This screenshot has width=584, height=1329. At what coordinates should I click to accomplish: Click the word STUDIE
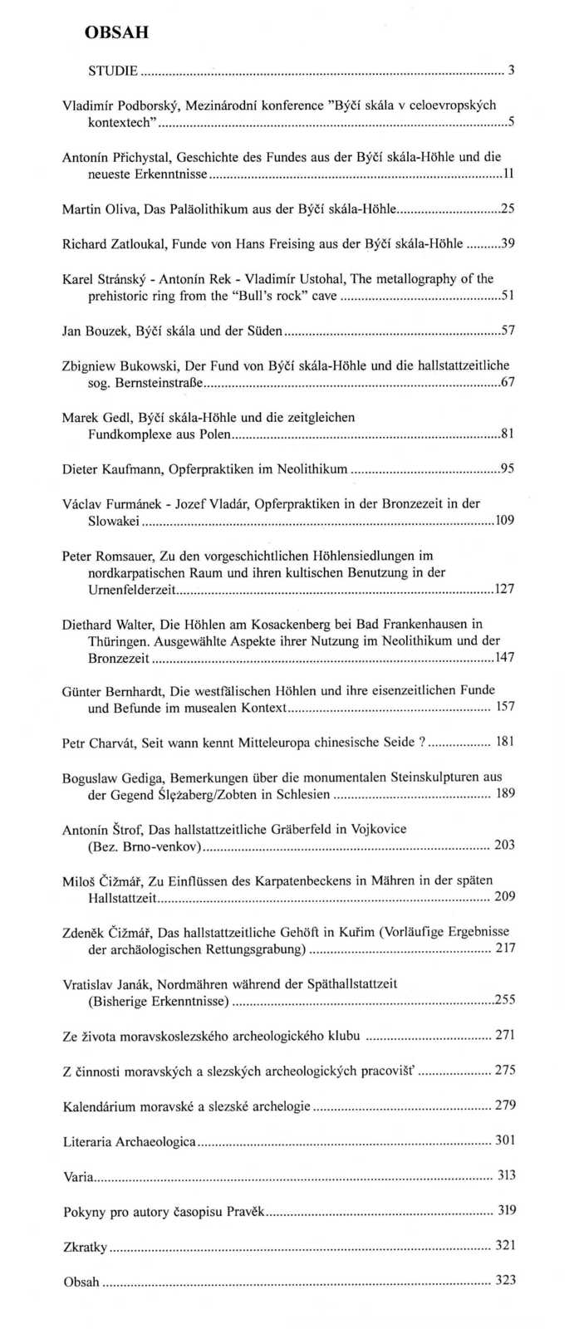113,71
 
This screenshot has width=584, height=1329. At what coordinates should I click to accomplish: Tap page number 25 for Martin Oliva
508,208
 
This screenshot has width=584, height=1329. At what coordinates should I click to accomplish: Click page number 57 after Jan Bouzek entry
508,331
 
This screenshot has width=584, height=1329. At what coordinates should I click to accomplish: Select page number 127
504,589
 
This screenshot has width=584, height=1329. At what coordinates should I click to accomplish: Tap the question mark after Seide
421,742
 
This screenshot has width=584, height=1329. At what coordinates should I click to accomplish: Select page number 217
505,948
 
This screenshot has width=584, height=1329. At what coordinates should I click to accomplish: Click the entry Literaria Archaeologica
130,1141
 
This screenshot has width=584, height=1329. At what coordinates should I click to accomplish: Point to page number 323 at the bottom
505,1280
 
